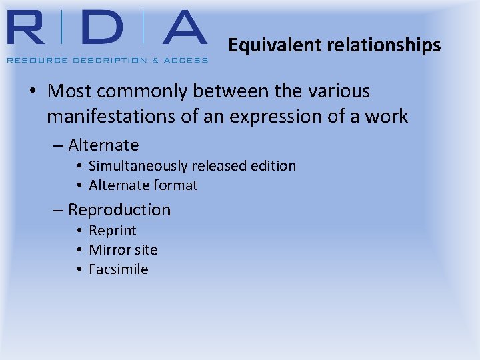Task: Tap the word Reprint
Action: [x=113, y=231]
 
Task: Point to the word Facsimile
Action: [x=119, y=269]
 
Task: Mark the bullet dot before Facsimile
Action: [x=79, y=269]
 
